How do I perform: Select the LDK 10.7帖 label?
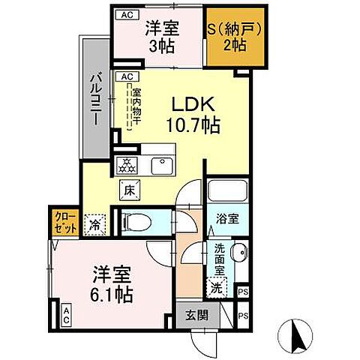pyautogui.click(x=197, y=114)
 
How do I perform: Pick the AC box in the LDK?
pyautogui.click(x=126, y=76)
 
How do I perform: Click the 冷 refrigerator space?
pyautogui.click(x=97, y=223)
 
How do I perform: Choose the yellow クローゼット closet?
pyautogui.click(x=63, y=223)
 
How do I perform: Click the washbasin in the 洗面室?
pyautogui.click(x=239, y=253)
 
